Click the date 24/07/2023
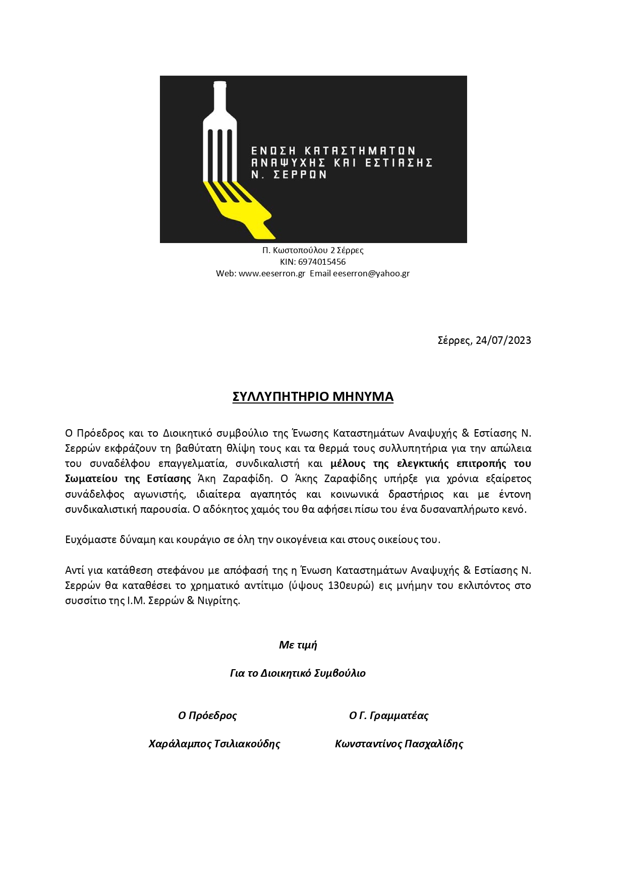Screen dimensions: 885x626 (x=503, y=340)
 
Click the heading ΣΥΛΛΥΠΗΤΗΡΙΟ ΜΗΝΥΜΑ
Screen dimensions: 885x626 (x=313, y=397)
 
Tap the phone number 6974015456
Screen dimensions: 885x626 (x=322, y=262)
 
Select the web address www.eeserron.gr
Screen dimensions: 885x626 (x=271, y=273)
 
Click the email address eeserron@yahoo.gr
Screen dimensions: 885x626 (x=371, y=273)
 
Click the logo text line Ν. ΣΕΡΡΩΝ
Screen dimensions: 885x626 (x=289, y=175)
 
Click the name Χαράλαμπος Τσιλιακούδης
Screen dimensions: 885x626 (x=214, y=744)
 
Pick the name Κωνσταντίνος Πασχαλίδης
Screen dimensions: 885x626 (x=399, y=744)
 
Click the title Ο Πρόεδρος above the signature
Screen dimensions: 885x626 (x=207, y=716)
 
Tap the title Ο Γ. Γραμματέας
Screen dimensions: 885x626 (x=388, y=716)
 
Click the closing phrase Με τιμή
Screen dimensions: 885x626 (x=298, y=645)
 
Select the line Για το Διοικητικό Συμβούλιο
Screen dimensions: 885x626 (x=298, y=673)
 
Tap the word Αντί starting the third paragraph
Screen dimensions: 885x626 (x=74, y=570)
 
